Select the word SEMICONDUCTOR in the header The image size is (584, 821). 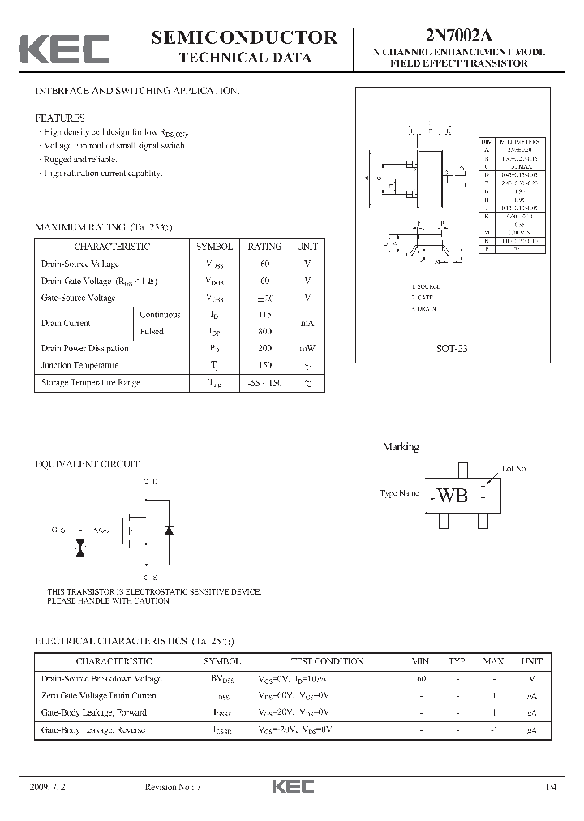click(x=244, y=37)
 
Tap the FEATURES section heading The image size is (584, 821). click(x=60, y=117)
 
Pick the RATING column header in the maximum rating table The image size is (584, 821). click(x=264, y=247)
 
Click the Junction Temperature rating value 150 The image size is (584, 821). click(x=264, y=365)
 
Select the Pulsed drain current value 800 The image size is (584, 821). click(x=264, y=331)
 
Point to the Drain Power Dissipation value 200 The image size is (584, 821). click(x=264, y=348)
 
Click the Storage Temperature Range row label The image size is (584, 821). click(x=91, y=382)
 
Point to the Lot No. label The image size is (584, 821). click(x=514, y=469)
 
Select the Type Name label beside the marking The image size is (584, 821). click(x=400, y=493)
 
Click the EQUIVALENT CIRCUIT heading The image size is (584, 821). click(x=88, y=464)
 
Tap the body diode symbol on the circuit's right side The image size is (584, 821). click(x=169, y=529)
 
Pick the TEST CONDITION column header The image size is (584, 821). click(x=316, y=661)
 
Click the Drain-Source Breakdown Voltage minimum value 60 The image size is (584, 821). click(x=421, y=678)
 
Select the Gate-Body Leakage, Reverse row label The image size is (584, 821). click(x=93, y=729)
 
